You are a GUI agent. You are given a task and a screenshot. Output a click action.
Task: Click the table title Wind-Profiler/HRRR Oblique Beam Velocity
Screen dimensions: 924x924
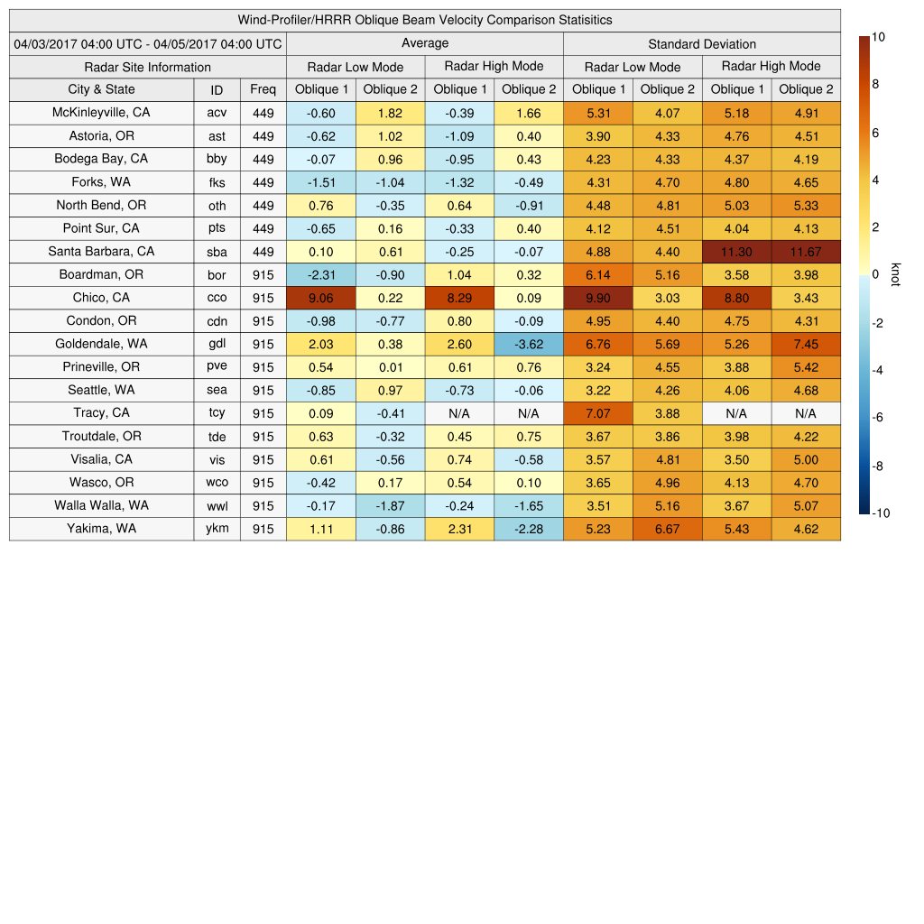pyautogui.click(x=424, y=20)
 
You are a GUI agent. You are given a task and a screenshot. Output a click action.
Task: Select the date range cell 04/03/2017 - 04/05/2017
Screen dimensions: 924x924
pyautogui.click(x=148, y=43)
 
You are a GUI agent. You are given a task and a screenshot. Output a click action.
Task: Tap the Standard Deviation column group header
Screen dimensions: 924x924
pyautogui.click(x=702, y=44)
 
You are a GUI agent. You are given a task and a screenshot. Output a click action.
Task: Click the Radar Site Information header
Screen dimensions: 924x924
pyautogui.click(x=148, y=67)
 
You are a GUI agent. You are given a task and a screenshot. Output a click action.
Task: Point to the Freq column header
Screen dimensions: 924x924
pyautogui.click(x=263, y=89)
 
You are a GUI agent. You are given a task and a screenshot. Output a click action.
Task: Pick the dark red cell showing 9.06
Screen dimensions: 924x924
pyautogui.click(x=321, y=298)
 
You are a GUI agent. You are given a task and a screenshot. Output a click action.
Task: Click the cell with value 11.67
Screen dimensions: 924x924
pyautogui.click(x=806, y=252)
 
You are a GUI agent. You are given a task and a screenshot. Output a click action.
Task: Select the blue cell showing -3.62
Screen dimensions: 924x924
pyautogui.click(x=529, y=344)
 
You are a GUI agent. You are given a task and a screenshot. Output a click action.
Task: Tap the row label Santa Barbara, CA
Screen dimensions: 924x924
pyautogui.click(x=102, y=252)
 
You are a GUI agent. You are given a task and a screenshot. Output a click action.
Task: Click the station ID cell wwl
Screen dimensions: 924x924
pyautogui.click(x=217, y=506)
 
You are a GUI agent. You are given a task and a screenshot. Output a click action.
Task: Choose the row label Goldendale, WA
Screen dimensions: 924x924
pyautogui.click(x=102, y=344)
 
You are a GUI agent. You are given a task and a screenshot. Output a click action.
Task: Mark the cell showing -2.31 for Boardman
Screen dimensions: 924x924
pyautogui.click(x=321, y=274)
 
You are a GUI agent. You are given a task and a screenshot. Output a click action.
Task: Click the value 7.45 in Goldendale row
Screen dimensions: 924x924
pyautogui.click(x=806, y=344)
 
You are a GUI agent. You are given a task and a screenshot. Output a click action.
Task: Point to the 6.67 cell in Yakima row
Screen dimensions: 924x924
pyautogui.click(x=668, y=529)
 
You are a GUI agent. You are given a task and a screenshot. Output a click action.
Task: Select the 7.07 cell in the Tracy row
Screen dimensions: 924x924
pyautogui.click(x=598, y=413)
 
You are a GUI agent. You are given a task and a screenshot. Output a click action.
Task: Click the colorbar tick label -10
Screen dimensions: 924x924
pyautogui.click(x=881, y=513)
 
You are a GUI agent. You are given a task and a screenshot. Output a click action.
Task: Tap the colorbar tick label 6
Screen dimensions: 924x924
pyautogui.click(x=875, y=133)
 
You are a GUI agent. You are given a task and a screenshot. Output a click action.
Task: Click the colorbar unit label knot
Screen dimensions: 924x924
pyautogui.click(x=896, y=274)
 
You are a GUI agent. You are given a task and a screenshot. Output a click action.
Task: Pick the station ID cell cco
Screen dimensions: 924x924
pyautogui.click(x=217, y=298)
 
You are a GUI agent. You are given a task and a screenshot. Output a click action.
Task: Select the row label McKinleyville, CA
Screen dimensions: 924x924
pyautogui.click(x=102, y=113)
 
